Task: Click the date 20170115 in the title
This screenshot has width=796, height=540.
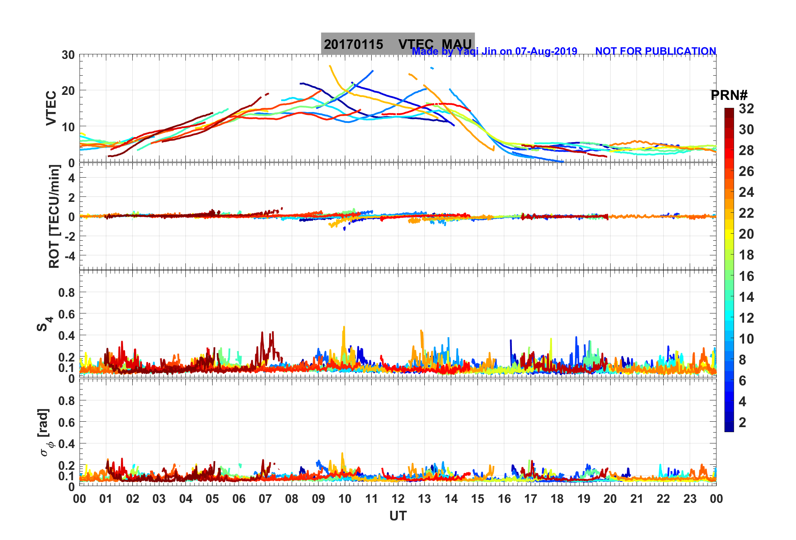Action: coord(353,44)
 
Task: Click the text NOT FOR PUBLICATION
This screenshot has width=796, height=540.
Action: coord(655,51)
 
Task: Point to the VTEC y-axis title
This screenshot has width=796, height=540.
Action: coord(51,108)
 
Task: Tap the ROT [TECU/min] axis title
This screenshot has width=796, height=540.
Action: coord(54,216)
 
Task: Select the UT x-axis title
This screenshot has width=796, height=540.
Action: coord(398,516)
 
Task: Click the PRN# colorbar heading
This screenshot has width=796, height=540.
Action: coord(729,95)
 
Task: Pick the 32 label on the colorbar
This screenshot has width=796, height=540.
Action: coord(746,109)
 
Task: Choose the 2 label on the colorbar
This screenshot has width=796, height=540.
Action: coord(742,423)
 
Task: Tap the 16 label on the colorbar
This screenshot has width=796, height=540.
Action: coord(746,276)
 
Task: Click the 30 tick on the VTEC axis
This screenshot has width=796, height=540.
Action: coord(68,55)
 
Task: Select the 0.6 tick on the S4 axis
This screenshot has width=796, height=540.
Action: coord(67,314)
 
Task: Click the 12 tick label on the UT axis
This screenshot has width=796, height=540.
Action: coord(398,499)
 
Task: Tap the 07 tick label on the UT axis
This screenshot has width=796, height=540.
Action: coord(265,499)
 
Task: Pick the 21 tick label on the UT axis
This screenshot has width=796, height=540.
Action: coord(637,499)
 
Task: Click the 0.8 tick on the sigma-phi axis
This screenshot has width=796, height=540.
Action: coord(67,401)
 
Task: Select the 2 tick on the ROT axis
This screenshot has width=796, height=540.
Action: coord(72,197)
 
